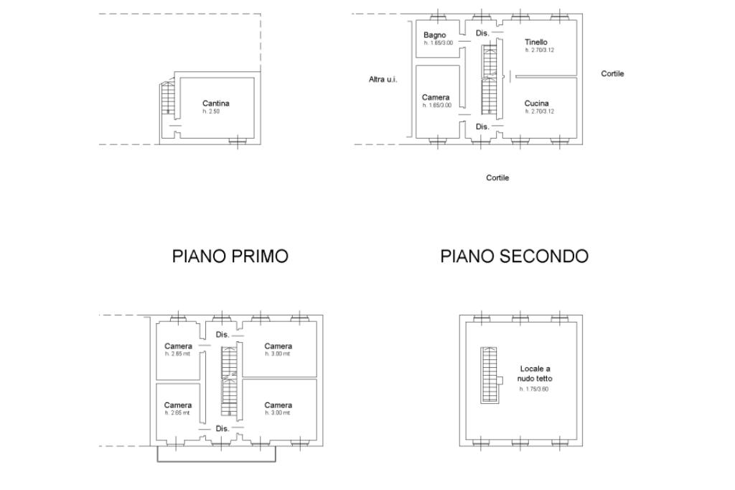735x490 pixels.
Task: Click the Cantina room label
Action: pyautogui.click(x=215, y=103)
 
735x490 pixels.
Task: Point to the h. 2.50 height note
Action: pyautogui.click(x=212, y=111)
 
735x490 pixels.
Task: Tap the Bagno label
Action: pyautogui.click(x=434, y=35)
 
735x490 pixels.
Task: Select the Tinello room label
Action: pyautogui.click(x=536, y=42)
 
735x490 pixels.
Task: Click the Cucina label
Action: pyautogui.click(x=536, y=103)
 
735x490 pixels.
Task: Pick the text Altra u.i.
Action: pyautogui.click(x=383, y=79)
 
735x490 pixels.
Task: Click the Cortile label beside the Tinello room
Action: pyautogui.click(x=612, y=73)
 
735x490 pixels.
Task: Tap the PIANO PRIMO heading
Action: pyautogui.click(x=230, y=256)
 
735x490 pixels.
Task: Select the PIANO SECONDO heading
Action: pyautogui.click(x=514, y=256)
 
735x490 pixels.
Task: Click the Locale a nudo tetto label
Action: pyautogui.click(x=535, y=374)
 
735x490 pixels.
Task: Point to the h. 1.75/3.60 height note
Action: pyautogui.click(x=535, y=389)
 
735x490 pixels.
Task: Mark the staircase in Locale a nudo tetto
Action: pyautogui.click(x=489, y=375)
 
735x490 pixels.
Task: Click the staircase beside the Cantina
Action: pyautogui.click(x=168, y=98)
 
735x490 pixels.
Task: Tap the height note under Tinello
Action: pyautogui.click(x=539, y=50)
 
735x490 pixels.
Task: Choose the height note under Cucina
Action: pyautogui.click(x=539, y=111)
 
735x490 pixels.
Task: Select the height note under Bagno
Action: pyautogui.click(x=437, y=43)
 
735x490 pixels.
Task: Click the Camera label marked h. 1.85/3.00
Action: pyautogui.click(x=436, y=98)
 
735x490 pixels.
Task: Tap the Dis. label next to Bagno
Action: pyautogui.click(x=482, y=33)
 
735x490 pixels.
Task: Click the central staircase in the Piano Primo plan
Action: pyautogui.click(x=229, y=381)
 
